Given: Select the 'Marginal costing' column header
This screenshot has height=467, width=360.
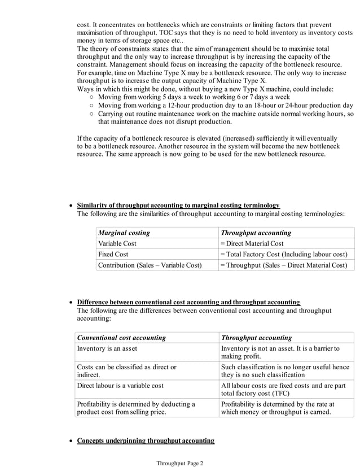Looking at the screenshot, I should pyautogui.click(x=124, y=233).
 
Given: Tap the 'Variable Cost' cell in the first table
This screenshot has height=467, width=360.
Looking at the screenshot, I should pyautogui.click(x=117, y=243).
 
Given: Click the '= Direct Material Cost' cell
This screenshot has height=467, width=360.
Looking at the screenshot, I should pyautogui.click(x=252, y=243).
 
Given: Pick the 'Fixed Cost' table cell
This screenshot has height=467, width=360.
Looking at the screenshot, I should pyautogui.click(x=113, y=254).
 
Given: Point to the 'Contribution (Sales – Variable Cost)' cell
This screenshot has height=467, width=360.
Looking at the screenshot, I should pyautogui.click(x=150, y=265).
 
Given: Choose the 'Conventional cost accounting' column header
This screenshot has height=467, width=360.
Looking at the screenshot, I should pyautogui.click(x=121, y=338).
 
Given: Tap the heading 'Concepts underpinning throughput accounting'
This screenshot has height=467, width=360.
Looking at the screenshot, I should pyautogui.click(x=146, y=440).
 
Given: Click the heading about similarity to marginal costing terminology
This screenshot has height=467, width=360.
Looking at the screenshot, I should pyautogui.click(x=178, y=205).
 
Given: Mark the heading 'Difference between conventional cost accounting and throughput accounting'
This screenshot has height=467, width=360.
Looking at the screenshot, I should pyautogui.click(x=188, y=302).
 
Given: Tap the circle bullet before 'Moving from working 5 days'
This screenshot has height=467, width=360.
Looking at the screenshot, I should pyautogui.click(x=92, y=98).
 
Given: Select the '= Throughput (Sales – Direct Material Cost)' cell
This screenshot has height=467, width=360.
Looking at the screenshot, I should pyautogui.click(x=283, y=265).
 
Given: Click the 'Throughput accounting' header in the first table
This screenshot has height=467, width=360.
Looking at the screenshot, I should pyautogui.click(x=256, y=233).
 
